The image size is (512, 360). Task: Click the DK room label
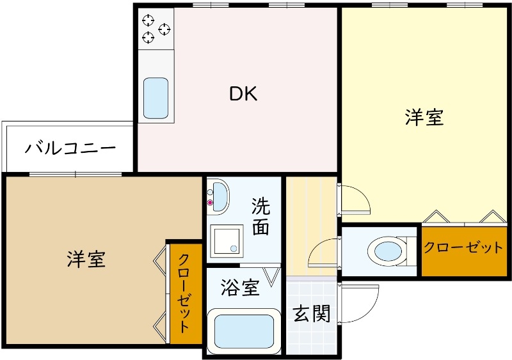[x=243, y=95]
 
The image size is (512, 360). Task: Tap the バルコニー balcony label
[x=70, y=148]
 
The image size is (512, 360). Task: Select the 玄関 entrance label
[x=312, y=314]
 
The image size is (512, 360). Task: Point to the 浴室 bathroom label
[x=240, y=288]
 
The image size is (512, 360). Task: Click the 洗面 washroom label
[x=260, y=217]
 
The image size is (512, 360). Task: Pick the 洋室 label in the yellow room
[x=424, y=118]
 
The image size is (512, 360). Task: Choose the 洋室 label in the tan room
[x=86, y=259]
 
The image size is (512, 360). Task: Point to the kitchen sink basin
[x=156, y=98]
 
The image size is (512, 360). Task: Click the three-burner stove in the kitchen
[x=156, y=29]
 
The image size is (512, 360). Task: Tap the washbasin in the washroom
[x=219, y=195]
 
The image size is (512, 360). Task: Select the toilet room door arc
[x=323, y=252]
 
